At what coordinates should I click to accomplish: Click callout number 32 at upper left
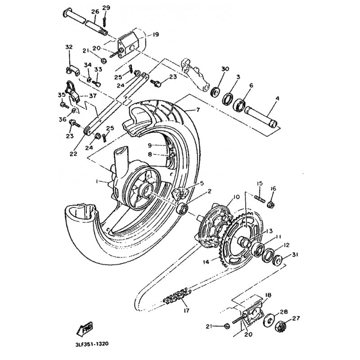tap(69, 47)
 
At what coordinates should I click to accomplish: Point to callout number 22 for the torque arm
tap(73, 153)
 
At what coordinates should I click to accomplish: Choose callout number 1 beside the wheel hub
tap(96, 181)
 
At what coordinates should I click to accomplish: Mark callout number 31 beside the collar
tap(295, 256)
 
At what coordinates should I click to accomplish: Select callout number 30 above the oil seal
tap(225, 68)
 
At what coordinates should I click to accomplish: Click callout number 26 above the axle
tap(94, 11)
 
